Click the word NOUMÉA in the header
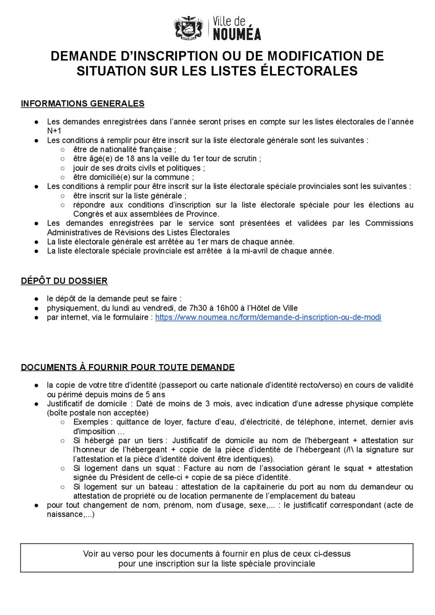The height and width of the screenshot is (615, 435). point(237,34)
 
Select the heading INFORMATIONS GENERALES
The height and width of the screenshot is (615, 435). point(82,103)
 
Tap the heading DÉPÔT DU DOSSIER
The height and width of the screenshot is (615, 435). point(64,281)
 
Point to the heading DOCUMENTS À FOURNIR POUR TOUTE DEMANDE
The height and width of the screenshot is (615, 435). point(127,367)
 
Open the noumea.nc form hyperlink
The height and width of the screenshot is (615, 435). point(268,317)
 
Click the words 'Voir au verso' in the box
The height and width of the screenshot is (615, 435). point(106,553)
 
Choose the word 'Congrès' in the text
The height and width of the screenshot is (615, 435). point(88,214)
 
